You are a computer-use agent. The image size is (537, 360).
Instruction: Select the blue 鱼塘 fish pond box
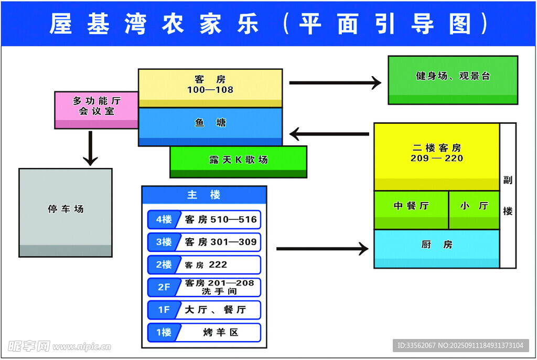coord(210,124)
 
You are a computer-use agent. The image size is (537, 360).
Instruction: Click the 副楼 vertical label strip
coord(508,195)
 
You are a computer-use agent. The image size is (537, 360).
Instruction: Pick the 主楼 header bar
coord(204,195)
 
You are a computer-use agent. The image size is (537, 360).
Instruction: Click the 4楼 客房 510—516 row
coord(204,219)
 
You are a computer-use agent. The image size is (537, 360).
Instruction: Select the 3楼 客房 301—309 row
coord(204,242)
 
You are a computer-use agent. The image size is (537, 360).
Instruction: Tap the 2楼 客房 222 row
coord(204,264)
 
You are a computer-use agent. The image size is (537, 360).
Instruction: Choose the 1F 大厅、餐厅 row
coord(204,310)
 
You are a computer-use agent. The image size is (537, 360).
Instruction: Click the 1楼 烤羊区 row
coord(204,332)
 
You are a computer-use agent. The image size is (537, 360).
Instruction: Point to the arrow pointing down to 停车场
coord(91,148)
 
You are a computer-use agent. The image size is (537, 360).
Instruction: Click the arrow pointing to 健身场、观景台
coord(335,82)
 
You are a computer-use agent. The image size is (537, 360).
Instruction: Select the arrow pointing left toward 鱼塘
coord(329,134)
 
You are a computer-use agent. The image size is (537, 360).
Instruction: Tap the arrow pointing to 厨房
coord(322,248)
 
